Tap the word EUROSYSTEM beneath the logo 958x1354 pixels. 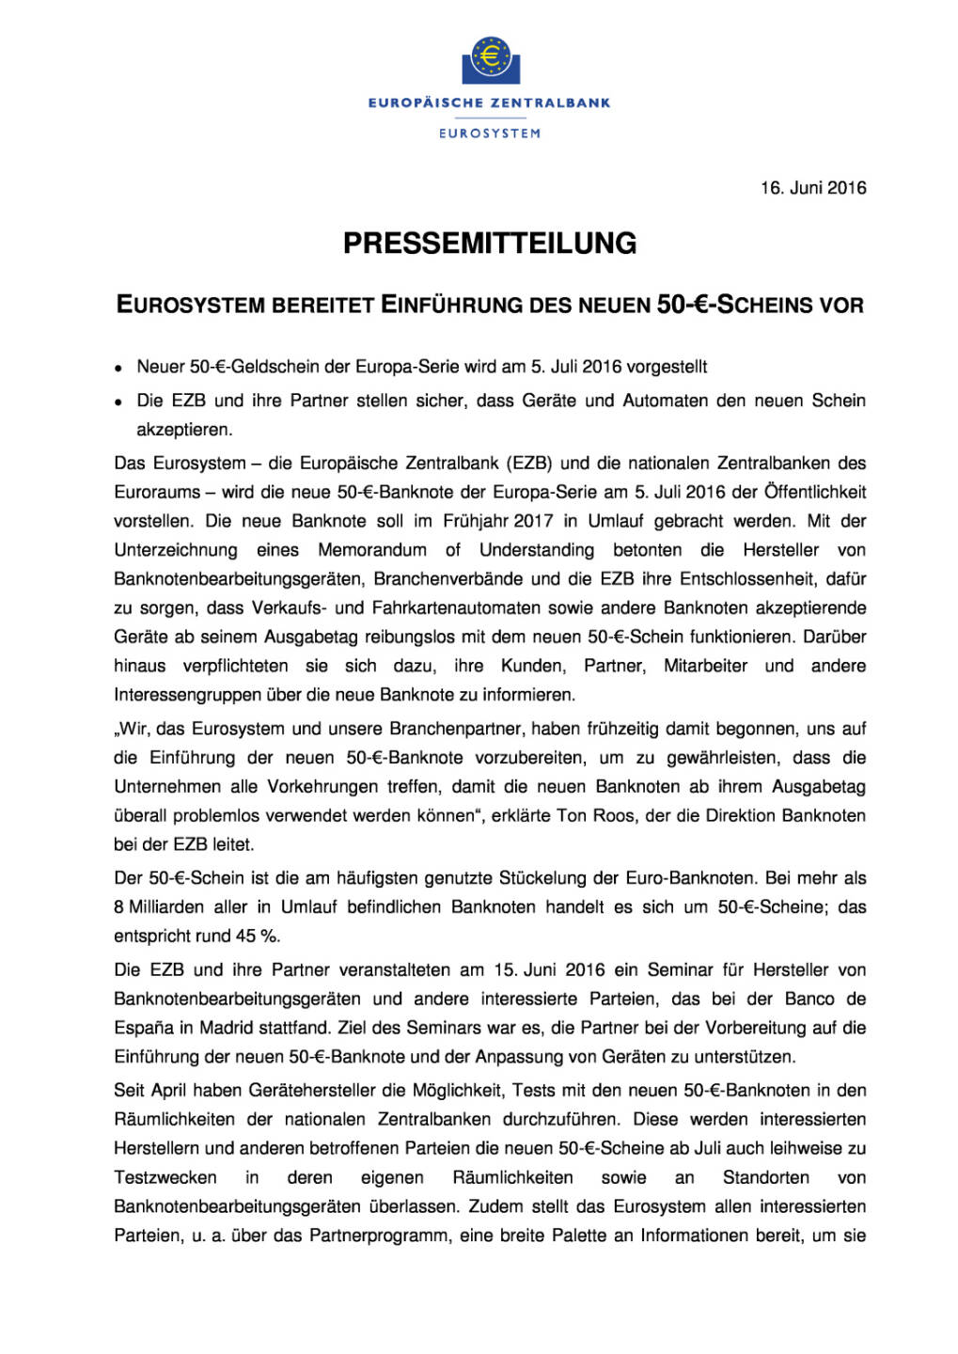tap(490, 134)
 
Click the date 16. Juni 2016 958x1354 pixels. tap(813, 188)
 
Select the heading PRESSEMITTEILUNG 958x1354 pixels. tap(490, 244)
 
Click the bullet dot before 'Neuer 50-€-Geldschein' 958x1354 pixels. tap(118, 369)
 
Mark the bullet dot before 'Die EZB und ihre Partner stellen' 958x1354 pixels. tap(118, 402)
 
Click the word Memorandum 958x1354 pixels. tap(372, 550)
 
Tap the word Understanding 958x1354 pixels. tap(537, 550)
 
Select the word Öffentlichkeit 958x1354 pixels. tap(815, 492)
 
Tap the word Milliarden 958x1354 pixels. tap(169, 907)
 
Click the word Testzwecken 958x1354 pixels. tap(165, 1178)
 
